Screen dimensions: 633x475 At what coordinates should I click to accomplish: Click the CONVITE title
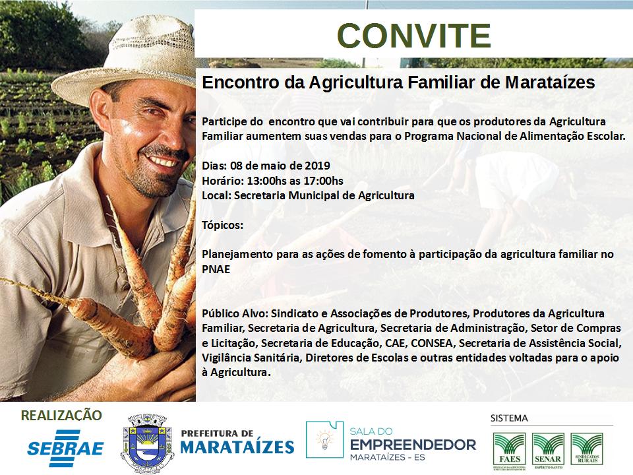[x=414, y=36]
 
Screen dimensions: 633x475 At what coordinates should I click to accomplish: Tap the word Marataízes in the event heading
[x=550, y=82]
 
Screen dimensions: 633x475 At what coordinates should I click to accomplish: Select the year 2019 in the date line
[x=317, y=166]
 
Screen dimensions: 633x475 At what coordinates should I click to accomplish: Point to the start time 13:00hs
[x=266, y=181]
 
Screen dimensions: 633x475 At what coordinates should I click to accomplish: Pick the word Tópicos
[x=222, y=225]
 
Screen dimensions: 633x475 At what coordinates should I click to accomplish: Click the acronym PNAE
[x=216, y=269]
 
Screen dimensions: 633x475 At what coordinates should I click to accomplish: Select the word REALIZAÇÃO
[x=61, y=415]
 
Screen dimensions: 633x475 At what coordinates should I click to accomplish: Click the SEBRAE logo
[x=65, y=448]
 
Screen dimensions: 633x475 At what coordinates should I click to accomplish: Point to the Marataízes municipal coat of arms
[x=147, y=443]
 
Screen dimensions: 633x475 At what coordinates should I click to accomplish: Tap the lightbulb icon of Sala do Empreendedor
[x=325, y=439]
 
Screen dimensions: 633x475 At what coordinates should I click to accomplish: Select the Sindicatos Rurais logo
[x=587, y=449]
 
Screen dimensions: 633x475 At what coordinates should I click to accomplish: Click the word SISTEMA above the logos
[x=509, y=418]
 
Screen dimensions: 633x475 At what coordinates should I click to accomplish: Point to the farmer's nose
[x=173, y=135]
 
